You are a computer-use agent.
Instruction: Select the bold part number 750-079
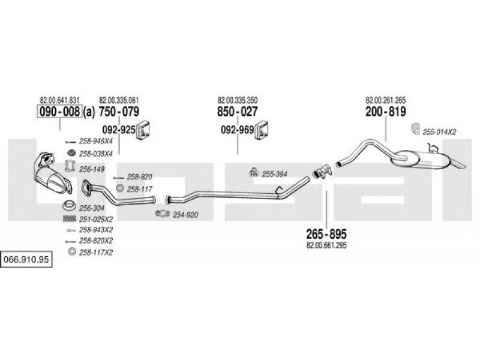[x=119, y=112]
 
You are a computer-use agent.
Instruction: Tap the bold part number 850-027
[x=237, y=112]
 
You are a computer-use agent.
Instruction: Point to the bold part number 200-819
[x=385, y=112]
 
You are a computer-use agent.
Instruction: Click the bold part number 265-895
[x=326, y=233]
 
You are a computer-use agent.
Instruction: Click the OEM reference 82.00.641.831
[x=59, y=100]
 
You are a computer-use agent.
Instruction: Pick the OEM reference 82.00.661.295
[x=326, y=245]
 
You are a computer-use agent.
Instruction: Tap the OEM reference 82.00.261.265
[x=385, y=100]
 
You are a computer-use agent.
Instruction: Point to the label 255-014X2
[x=439, y=132]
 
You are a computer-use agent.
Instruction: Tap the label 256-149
[x=92, y=169]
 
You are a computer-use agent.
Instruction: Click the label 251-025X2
[x=97, y=219]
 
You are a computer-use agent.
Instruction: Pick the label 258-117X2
[x=96, y=252]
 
